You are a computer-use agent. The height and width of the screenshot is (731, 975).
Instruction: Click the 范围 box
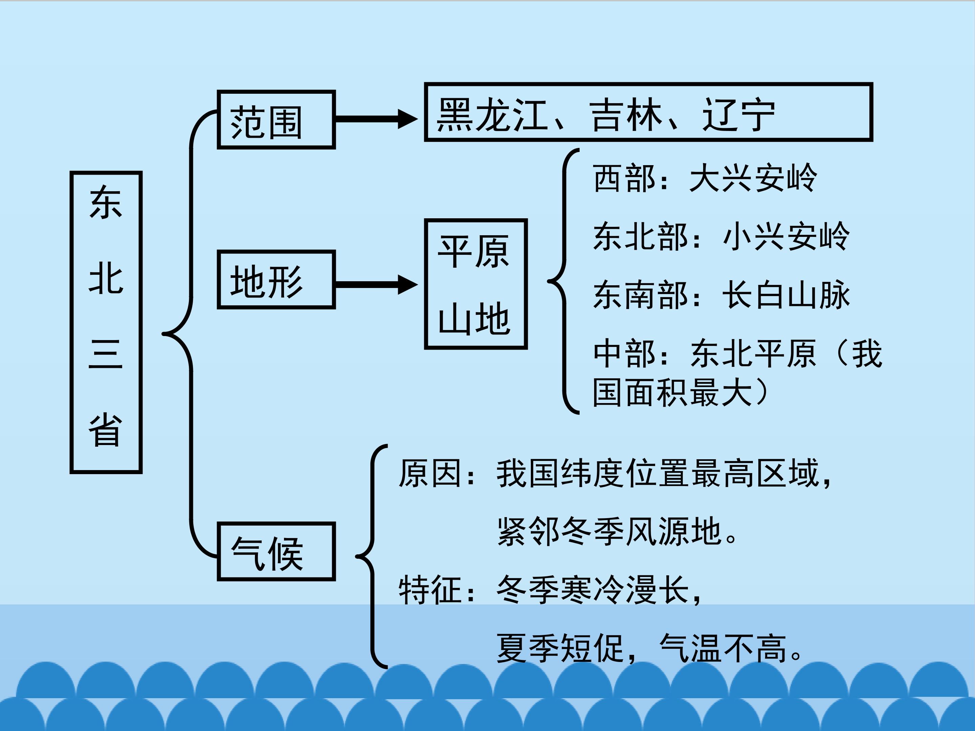click(276, 120)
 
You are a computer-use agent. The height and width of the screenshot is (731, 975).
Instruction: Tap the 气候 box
click(276, 552)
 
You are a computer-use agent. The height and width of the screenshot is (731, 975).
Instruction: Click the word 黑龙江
click(492, 115)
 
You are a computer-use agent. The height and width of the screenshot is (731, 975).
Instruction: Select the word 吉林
click(626, 115)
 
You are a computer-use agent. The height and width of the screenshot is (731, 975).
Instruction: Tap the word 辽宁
click(738, 115)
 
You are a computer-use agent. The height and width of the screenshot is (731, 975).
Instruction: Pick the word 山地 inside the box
click(474, 318)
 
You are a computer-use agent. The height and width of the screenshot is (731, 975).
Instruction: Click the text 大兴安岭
click(753, 178)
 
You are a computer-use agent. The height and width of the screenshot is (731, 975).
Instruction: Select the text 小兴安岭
click(786, 236)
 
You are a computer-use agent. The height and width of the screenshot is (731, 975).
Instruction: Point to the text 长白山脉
click(786, 294)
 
